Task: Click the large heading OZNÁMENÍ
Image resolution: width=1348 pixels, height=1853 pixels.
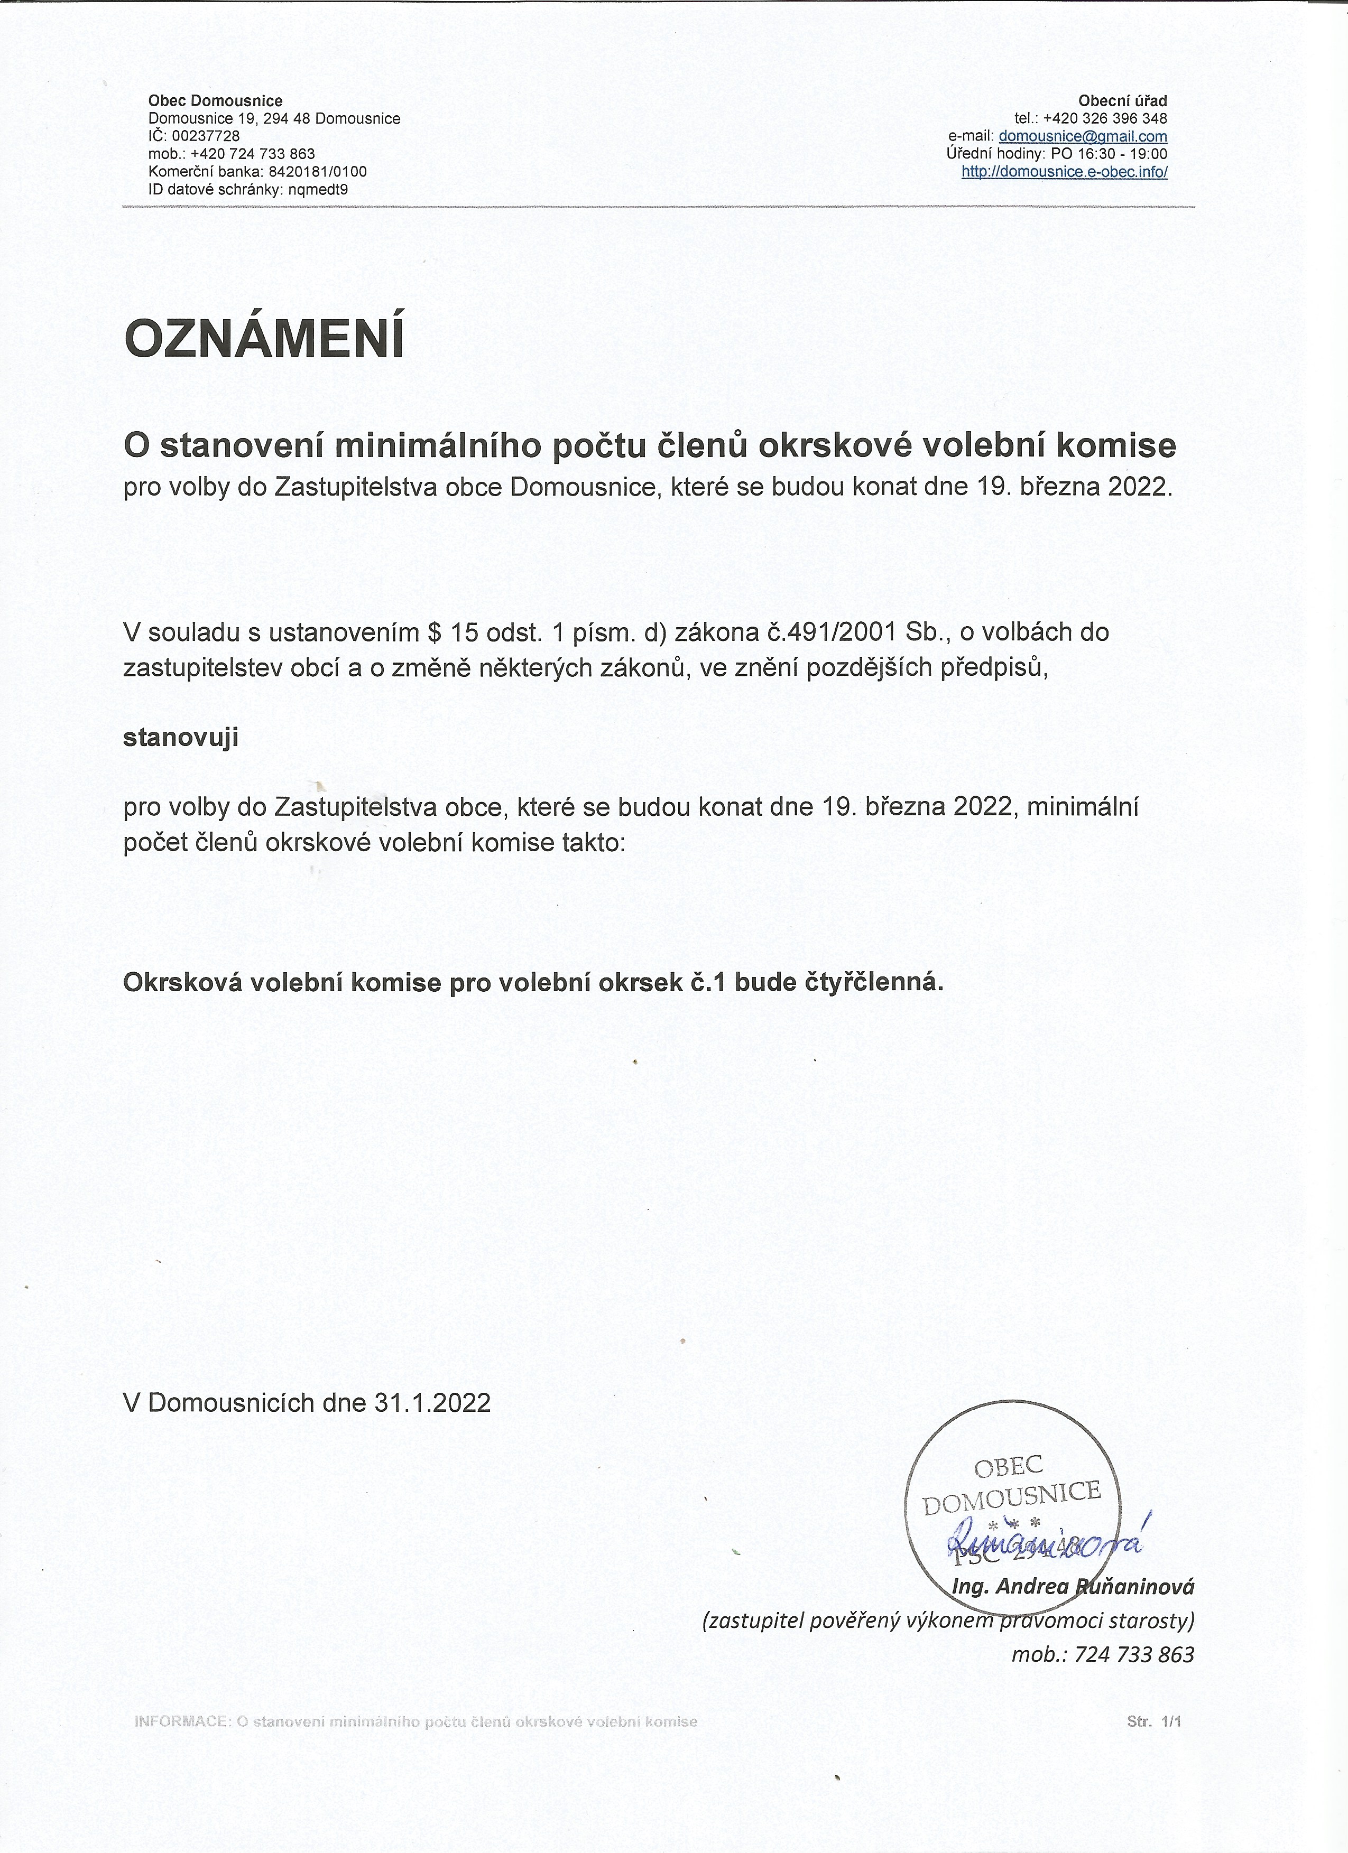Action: coord(263,339)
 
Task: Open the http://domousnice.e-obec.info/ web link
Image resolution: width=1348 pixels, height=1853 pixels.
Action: coord(1064,172)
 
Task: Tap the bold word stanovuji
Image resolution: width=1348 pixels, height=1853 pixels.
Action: coord(180,738)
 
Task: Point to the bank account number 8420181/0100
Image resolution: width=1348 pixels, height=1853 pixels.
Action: coord(317,172)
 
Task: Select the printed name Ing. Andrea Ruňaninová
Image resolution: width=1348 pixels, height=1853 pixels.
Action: coord(1073,1587)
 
